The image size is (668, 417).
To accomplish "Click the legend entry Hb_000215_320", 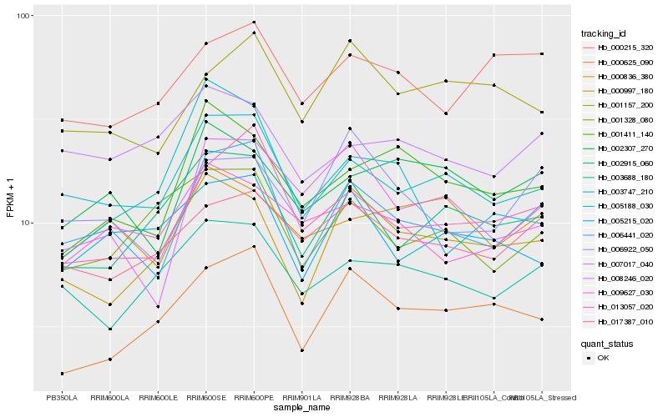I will pyautogui.click(x=619, y=48).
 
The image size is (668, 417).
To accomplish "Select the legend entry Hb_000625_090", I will pyautogui.click(x=619, y=63).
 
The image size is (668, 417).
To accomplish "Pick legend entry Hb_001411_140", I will pyautogui.click(x=619, y=133).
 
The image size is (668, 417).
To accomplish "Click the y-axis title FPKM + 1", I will pyautogui.click(x=12, y=202).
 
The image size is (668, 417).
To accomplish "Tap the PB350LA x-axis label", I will pyautogui.click(x=62, y=398).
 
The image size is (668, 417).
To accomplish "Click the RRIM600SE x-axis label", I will pyautogui.click(x=205, y=398).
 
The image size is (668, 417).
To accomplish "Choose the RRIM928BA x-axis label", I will pyautogui.click(x=350, y=398).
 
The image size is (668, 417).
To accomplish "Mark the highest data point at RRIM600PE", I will pyautogui.click(x=254, y=23).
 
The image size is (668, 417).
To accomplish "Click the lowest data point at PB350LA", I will pyautogui.click(x=62, y=373).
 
